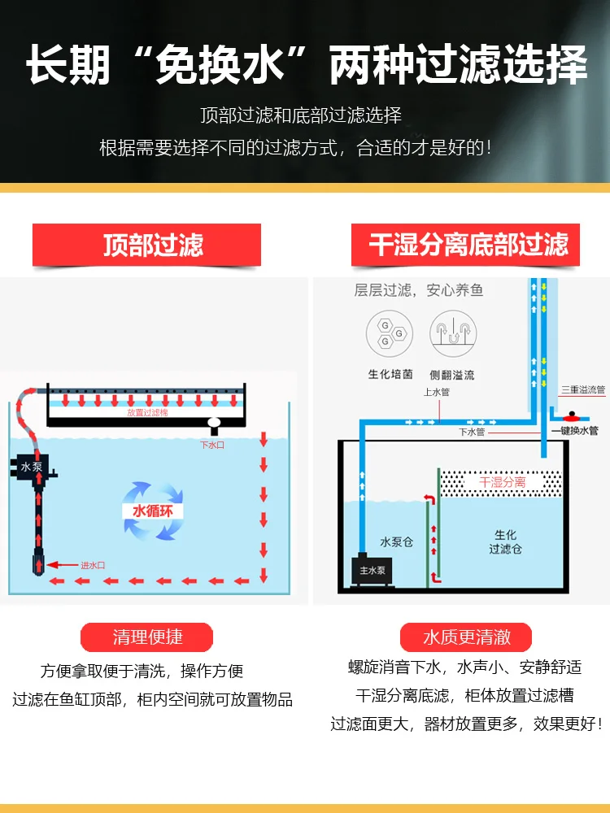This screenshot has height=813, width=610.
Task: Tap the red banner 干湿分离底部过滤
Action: point(465,245)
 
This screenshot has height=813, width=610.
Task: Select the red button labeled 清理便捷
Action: point(146,637)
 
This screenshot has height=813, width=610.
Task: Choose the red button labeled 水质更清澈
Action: point(465,637)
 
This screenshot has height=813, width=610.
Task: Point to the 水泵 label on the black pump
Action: point(31,467)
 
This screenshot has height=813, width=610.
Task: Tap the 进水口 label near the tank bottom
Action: point(93,565)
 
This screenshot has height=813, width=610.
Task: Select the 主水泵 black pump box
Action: point(375,570)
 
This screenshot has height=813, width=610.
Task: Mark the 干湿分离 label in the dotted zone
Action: point(501,483)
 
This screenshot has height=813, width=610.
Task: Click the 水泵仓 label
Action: point(396,541)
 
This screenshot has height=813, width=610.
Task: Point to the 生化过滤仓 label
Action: point(505,542)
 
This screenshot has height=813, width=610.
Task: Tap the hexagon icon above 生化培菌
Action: point(386,332)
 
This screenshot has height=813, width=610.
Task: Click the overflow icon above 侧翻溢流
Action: point(452,332)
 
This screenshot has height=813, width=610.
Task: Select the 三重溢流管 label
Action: point(583,390)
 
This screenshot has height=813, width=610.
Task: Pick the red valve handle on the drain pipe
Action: point(574,415)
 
